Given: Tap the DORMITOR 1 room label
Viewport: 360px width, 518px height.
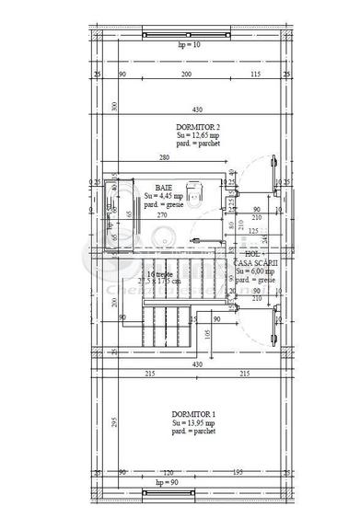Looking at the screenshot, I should pyautogui.click(x=192, y=415).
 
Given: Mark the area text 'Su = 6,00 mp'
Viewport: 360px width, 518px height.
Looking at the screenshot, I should pyautogui.click(x=255, y=271).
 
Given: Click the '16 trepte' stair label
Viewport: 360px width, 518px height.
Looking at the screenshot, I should pyautogui.click(x=162, y=274).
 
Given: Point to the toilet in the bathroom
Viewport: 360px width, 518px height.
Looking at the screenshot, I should pyautogui.click(x=193, y=191).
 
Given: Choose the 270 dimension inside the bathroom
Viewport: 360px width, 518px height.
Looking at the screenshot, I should pyautogui.click(x=159, y=215).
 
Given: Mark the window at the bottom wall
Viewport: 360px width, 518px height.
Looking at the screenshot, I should pyautogui.click(x=166, y=490).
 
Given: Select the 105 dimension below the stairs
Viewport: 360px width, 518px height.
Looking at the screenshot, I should pyautogui.click(x=209, y=335).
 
